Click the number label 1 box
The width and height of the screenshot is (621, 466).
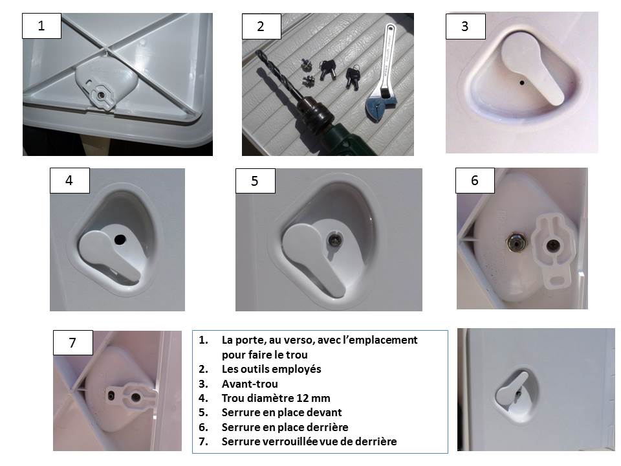(41, 26)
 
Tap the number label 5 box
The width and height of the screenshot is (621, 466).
(255, 181)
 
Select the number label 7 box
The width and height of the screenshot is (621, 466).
(73, 342)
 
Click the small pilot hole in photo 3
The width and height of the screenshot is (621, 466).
(522, 83)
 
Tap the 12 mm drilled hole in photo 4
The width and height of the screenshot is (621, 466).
(120, 239)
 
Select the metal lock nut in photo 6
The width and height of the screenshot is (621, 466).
(516, 241)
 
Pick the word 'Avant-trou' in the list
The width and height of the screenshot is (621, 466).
(250, 384)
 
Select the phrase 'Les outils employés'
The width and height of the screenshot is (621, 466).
(271, 369)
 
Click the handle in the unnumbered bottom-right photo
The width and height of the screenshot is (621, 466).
(512, 391)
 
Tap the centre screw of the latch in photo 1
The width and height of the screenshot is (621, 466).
(102, 95)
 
